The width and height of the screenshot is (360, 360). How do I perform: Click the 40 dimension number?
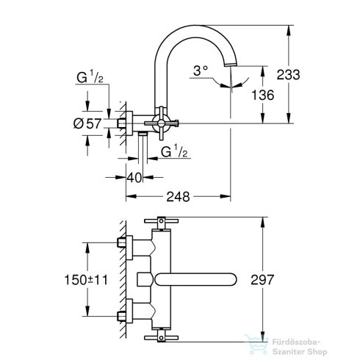click(x=134, y=177)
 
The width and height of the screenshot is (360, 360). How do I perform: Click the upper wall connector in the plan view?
click(x=123, y=245)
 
